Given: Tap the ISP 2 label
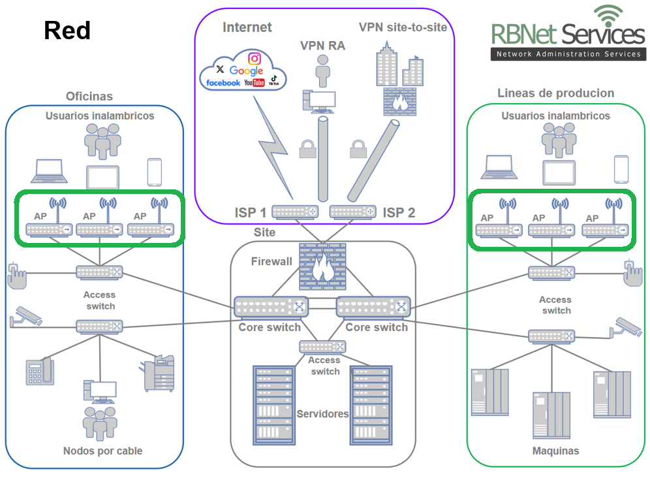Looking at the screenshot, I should point(399,213).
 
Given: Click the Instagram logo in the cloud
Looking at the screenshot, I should point(255,59).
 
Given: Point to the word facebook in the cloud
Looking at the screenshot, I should point(223,83).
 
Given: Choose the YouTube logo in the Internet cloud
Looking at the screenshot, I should point(255,83).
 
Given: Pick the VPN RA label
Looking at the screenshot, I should point(322,46).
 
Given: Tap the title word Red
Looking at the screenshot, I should point(67,30).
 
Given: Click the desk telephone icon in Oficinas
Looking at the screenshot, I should point(39,372).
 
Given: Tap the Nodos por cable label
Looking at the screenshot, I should point(102,451).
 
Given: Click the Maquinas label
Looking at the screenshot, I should point(555,451).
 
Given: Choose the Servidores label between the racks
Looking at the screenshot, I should point(322,414).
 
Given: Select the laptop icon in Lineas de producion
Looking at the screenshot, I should point(499,168).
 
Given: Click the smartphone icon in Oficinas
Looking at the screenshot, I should point(155,172).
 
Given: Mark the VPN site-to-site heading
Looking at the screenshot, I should point(403,27).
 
